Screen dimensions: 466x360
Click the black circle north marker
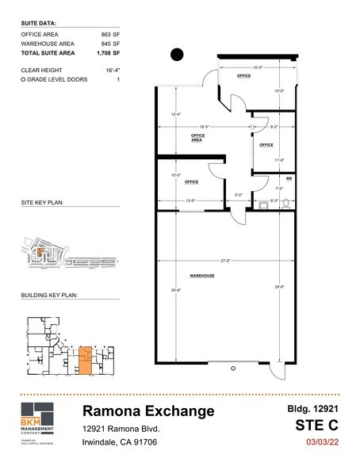point(177,54)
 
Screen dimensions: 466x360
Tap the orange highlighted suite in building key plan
point(86,359)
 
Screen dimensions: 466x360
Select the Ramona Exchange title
point(148,411)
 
